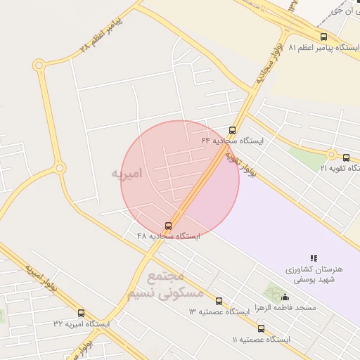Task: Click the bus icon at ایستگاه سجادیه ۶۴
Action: pos(233,130)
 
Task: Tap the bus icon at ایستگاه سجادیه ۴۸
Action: pos(168,226)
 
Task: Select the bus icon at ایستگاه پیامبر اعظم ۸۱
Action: pos(323,37)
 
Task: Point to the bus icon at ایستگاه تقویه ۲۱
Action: pos(347,157)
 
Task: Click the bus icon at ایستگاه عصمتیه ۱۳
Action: pos(219,301)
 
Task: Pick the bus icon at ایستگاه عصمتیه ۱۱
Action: pos(261,328)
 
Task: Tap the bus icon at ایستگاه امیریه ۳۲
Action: pos(81,313)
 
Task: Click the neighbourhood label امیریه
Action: pos(131,172)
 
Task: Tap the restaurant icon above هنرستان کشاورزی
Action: pos(314,259)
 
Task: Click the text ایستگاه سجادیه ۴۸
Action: pos(169,237)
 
